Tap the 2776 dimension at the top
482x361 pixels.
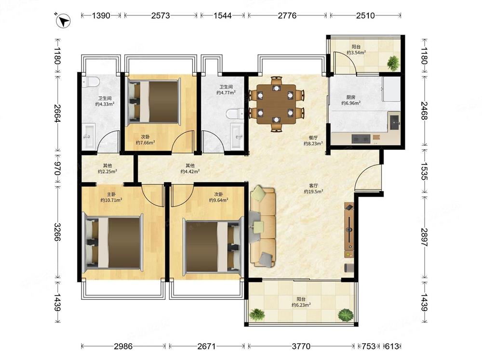(287, 15)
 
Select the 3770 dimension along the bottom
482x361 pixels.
(301, 346)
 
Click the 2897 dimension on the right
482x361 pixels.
(425, 237)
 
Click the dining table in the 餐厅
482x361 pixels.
(277, 104)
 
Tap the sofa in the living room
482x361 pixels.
(263, 226)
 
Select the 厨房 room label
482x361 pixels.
(351, 97)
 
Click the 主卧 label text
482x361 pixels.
(111, 194)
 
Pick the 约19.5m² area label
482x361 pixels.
(314, 192)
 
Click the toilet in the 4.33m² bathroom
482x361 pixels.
(91, 82)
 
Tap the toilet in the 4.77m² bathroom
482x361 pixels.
(235, 114)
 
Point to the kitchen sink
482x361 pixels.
(395, 123)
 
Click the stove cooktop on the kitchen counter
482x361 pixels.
(361, 139)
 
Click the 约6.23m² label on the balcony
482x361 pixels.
(301, 305)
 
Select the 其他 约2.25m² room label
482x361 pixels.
(107, 169)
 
